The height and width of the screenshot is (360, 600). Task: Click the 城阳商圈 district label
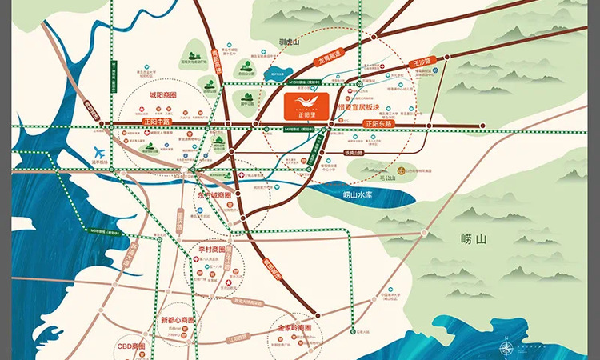coord(163,94)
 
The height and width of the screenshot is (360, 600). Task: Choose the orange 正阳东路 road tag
coord(379,124)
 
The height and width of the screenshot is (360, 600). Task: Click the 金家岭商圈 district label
coord(299,327)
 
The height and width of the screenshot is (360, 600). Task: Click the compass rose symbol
coord(506,347)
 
